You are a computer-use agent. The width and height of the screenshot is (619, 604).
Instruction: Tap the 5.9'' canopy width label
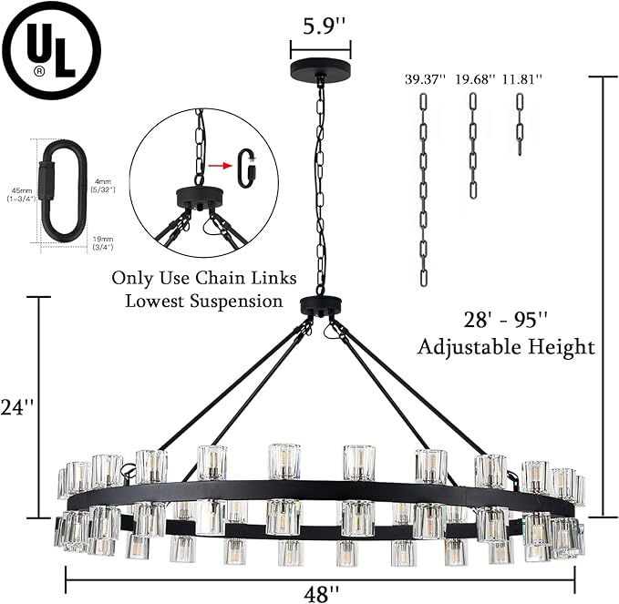click(x=320, y=27)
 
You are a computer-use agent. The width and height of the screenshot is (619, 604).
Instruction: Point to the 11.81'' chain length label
click(x=521, y=79)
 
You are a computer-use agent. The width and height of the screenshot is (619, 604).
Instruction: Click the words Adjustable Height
click(x=505, y=347)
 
